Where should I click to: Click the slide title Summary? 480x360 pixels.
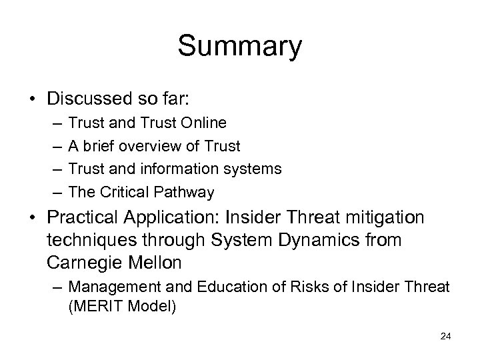240,47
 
